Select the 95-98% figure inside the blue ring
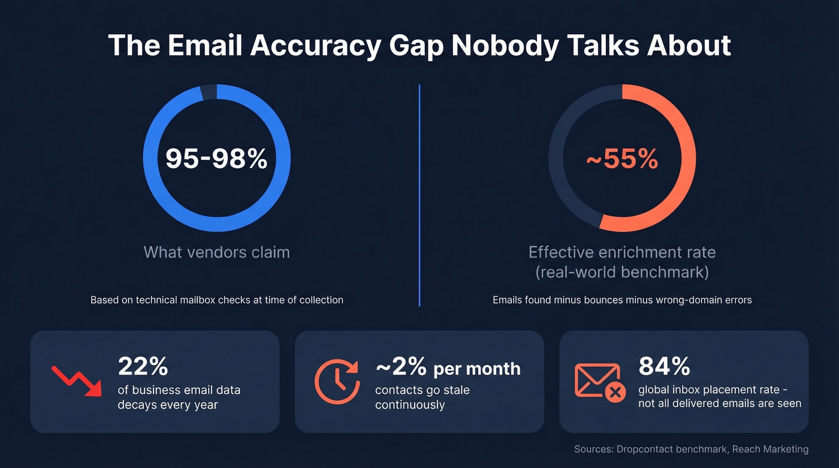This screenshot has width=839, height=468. point(216,158)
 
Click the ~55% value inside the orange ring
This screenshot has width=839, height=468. point(622,158)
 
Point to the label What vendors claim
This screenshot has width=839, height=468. point(216,252)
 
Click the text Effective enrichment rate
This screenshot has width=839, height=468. point(622,252)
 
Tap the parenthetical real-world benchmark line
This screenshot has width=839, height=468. point(622,272)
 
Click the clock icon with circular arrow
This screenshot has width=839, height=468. point(337,381)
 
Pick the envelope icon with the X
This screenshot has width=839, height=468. point(600,381)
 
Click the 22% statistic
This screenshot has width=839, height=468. point(143,366)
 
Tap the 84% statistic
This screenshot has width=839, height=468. point(664,366)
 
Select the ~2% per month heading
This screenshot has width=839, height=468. point(448,367)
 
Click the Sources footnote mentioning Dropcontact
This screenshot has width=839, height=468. point(691,449)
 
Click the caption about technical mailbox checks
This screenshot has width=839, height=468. point(216,300)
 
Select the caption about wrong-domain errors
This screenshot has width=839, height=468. point(622,300)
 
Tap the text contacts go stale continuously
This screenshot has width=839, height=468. point(422,397)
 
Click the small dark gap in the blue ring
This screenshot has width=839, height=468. point(208,91)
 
